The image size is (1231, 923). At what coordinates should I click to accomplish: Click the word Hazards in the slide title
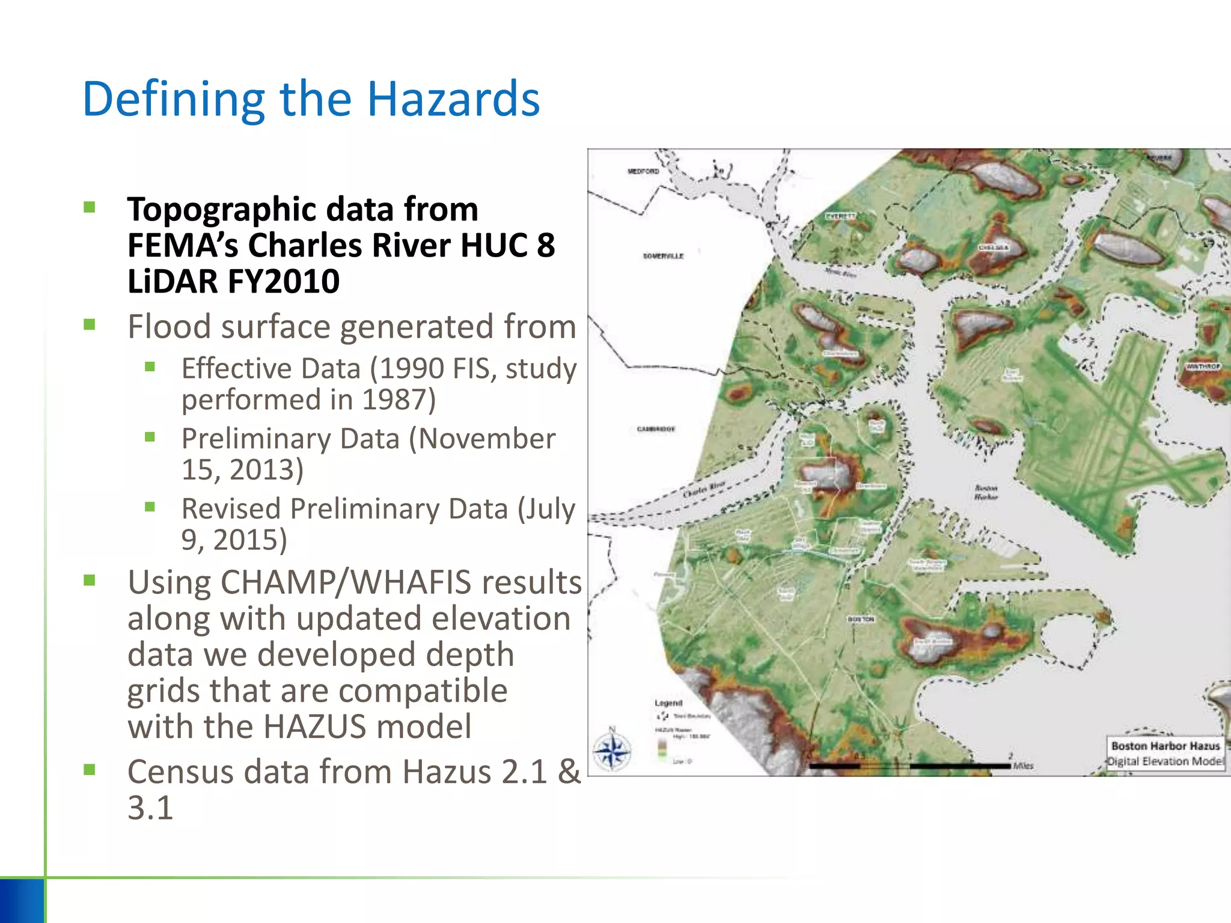(453, 99)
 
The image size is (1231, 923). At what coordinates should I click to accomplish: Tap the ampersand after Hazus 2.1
(569, 772)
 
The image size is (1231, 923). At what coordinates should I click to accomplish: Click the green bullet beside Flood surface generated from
(90, 325)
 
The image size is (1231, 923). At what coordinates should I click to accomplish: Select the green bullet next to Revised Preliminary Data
(150, 507)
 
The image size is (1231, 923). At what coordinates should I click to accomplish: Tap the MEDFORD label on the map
(643, 171)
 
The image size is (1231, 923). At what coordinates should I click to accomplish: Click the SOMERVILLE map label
(663, 256)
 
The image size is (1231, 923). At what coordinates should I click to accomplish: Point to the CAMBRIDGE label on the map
(656, 429)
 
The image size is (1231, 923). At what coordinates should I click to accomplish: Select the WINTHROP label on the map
(1203, 366)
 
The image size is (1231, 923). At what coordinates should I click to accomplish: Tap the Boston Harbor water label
(986, 492)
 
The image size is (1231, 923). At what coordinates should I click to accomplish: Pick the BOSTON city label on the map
(861, 619)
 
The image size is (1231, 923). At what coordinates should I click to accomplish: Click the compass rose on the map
(612, 751)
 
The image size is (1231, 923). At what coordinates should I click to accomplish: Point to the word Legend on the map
(668, 703)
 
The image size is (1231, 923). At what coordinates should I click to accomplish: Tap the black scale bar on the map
(910, 766)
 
